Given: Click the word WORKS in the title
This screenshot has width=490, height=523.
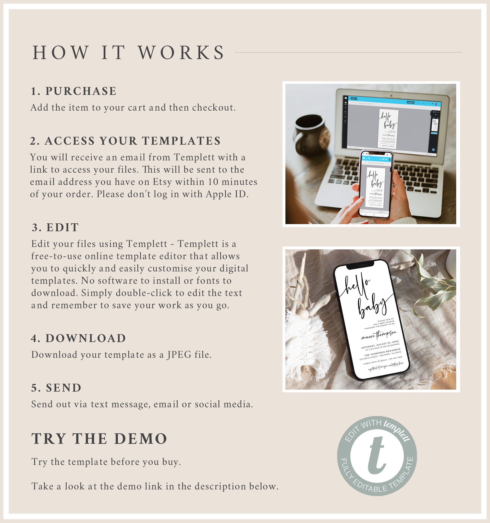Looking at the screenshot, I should pos(181,53).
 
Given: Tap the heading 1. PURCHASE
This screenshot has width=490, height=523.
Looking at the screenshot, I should pos(73,91).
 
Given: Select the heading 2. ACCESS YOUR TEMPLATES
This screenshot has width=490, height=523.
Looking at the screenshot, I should pos(125,141).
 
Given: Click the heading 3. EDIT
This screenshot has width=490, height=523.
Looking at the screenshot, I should pos(55,228).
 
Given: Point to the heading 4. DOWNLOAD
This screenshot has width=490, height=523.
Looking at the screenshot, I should pos(79,338).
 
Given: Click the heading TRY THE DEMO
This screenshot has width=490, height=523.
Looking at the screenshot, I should pos(99,439).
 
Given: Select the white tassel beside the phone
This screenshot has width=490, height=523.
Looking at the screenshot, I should pos(307,342).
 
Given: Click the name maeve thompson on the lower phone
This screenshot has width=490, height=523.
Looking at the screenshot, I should pos(379,335).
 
